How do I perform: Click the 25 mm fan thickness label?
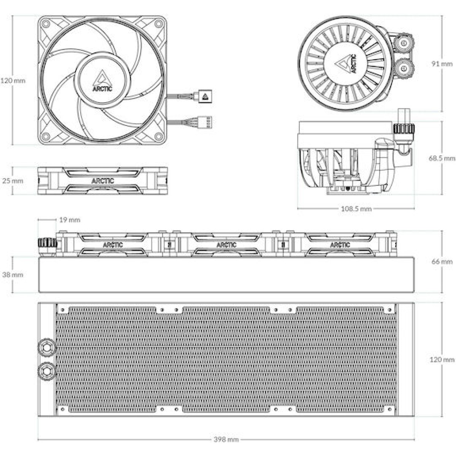tap(13, 180)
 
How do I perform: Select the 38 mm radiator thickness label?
tap(13, 274)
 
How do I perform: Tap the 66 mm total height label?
tap(442, 261)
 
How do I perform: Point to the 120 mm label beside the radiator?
tap(442, 359)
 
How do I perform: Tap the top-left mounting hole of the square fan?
tap(46, 24)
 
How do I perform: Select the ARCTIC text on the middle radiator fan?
tap(226, 245)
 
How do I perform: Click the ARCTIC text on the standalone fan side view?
tap(102, 181)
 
